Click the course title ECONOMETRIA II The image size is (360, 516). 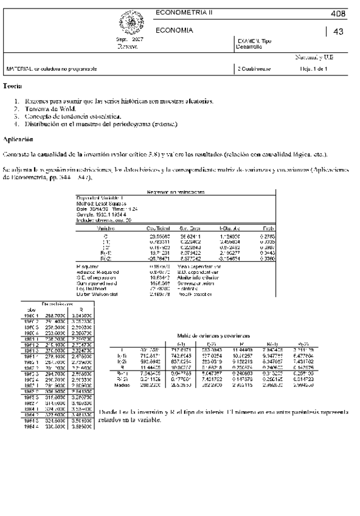pyautogui.click(x=180, y=12)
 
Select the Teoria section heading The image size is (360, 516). pyautogui.click(x=13, y=87)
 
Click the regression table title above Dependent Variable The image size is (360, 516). pyautogui.click(x=176, y=192)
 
